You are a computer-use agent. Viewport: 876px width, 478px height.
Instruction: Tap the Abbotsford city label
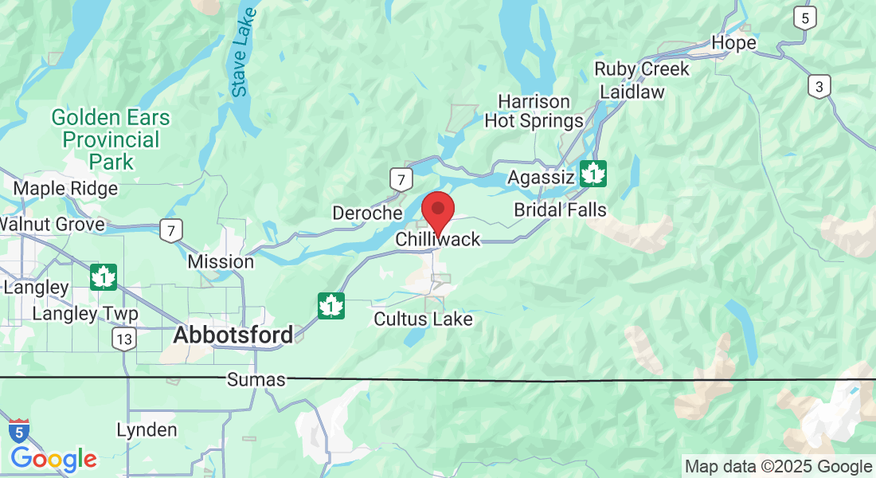pyautogui.click(x=233, y=335)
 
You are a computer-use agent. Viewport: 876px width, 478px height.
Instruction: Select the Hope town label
pyautogui.click(x=733, y=43)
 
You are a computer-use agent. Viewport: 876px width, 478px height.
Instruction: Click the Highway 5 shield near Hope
pyautogui.click(x=805, y=18)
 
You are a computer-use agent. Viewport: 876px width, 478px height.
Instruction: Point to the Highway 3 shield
pyautogui.click(x=818, y=86)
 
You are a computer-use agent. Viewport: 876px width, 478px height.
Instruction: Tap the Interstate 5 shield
pyautogui.click(x=19, y=431)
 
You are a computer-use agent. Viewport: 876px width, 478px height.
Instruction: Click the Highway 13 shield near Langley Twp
pyautogui.click(x=123, y=339)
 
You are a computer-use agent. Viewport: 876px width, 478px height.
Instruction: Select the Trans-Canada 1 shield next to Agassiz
pyautogui.click(x=592, y=173)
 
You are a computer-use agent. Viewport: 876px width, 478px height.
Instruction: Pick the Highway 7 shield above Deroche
pyautogui.click(x=401, y=179)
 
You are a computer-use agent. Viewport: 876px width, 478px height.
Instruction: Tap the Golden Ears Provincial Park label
pyautogui.click(x=111, y=139)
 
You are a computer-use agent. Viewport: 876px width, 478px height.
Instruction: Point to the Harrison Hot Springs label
pyautogui.click(x=534, y=112)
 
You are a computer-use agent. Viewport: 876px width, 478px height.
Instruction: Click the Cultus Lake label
pyautogui.click(x=424, y=319)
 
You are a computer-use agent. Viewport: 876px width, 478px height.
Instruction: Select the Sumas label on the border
pyautogui.click(x=256, y=380)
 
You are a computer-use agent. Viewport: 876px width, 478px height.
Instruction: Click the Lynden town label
pyautogui.click(x=147, y=430)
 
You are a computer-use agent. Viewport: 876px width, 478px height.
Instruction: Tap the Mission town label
pyautogui.click(x=221, y=261)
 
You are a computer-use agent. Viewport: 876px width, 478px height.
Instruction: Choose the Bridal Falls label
pyautogui.click(x=560, y=210)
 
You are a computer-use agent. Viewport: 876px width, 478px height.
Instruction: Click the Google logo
pyautogui.click(x=53, y=459)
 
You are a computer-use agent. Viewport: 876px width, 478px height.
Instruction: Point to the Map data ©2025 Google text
pyautogui.click(x=778, y=467)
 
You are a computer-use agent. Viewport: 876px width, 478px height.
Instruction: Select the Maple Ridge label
pyautogui.click(x=66, y=189)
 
